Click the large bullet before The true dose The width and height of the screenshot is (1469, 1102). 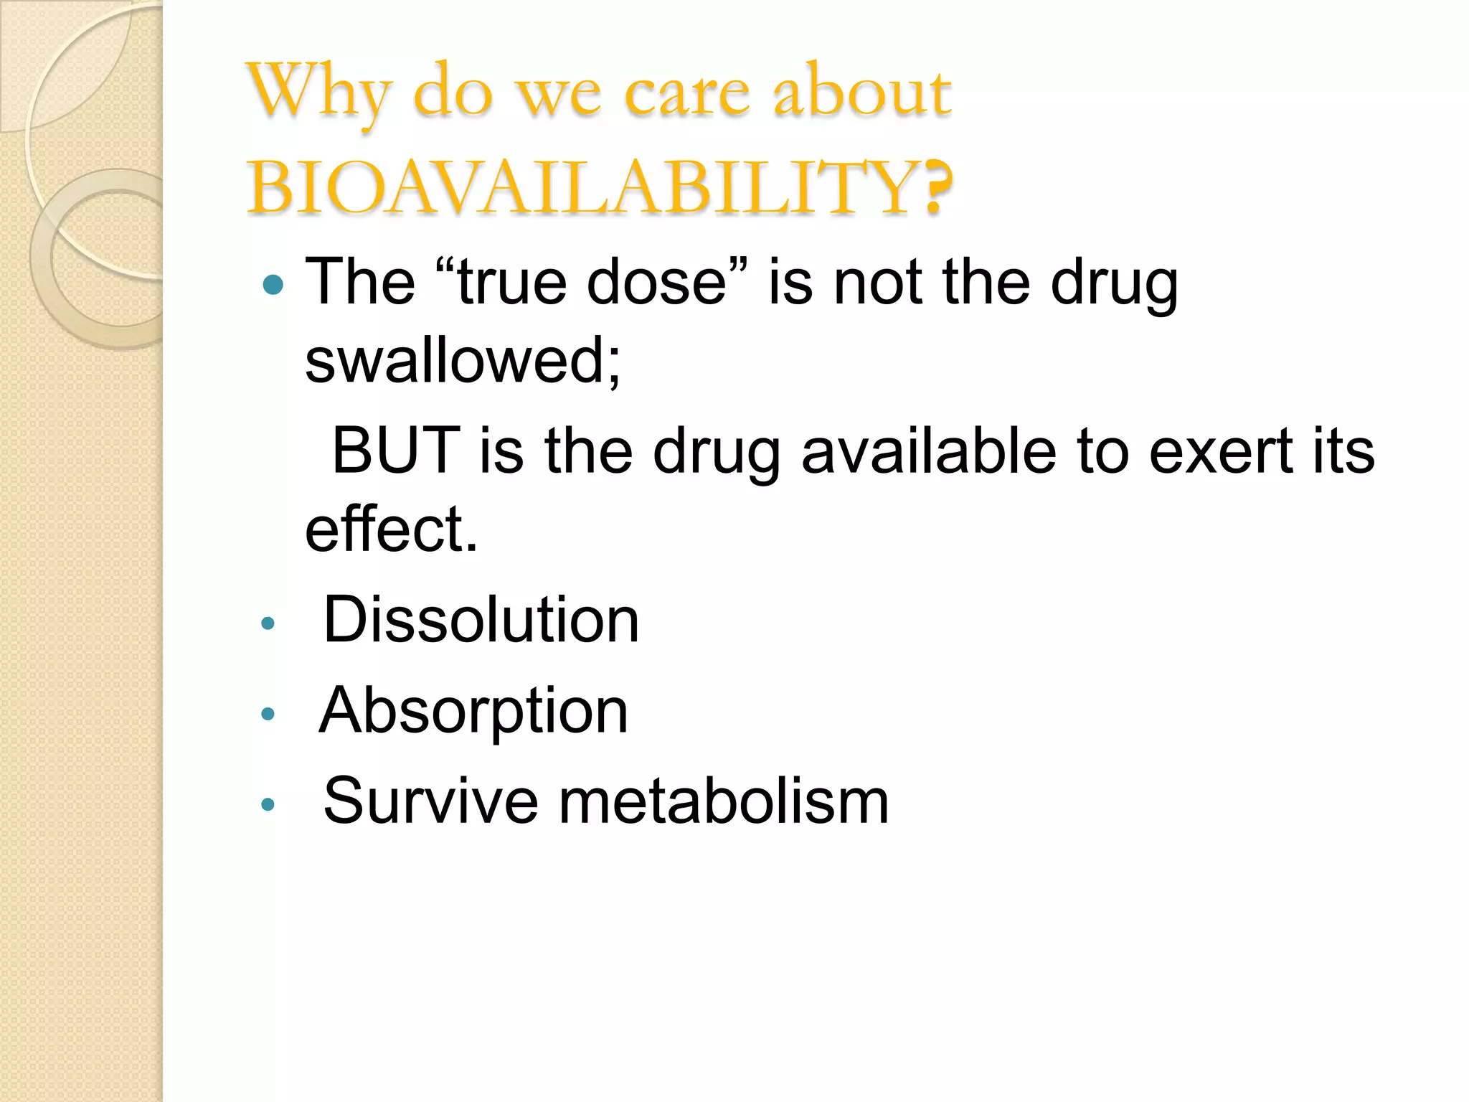click(273, 286)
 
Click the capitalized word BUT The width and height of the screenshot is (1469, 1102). click(395, 451)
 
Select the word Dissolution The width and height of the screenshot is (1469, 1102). click(481, 620)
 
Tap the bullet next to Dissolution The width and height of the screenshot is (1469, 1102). click(268, 623)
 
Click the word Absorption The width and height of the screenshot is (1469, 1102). click(473, 710)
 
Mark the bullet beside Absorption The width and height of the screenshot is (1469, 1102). click(268, 714)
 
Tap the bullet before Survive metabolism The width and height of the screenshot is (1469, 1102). click(268, 804)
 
